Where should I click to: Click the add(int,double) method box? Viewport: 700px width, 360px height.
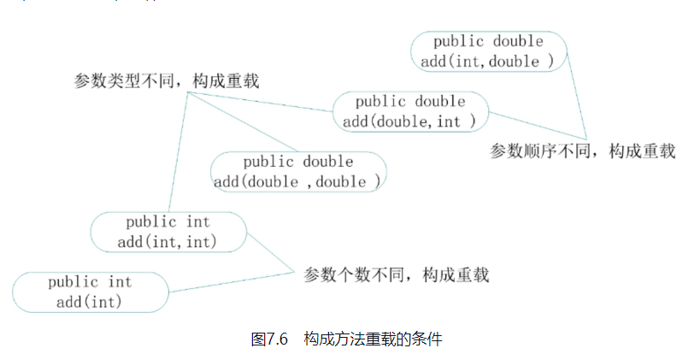point(488,51)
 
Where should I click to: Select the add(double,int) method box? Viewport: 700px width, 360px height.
point(410,111)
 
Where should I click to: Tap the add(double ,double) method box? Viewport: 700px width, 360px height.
point(297,172)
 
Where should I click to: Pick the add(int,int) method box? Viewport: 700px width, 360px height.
point(168,232)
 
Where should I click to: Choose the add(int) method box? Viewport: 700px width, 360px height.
point(90,292)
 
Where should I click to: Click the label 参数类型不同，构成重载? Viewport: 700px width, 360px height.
point(167,81)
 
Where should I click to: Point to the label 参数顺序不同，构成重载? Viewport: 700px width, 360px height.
point(582,151)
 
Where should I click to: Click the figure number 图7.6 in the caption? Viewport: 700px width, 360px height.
point(269,339)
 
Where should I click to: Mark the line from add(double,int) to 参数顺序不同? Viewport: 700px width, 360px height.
point(537,125)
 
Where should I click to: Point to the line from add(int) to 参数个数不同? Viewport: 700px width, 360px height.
point(231,283)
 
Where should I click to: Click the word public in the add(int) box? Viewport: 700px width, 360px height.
point(73,282)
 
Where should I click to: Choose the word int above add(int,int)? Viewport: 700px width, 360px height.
point(197,222)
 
